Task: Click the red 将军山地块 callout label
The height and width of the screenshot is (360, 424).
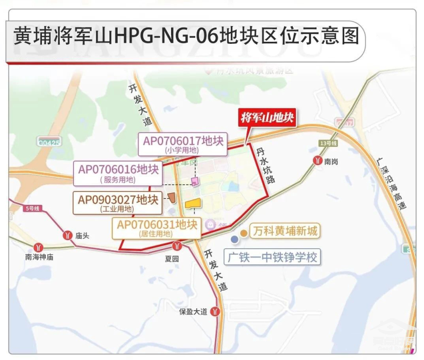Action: [x=267, y=118]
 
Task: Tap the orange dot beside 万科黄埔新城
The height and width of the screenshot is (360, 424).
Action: [x=244, y=232]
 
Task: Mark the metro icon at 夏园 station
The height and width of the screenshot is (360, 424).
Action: [x=177, y=246]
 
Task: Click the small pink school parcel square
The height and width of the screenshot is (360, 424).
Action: [x=195, y=183]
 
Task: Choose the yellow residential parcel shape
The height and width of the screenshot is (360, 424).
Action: [x=193, y=204]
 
